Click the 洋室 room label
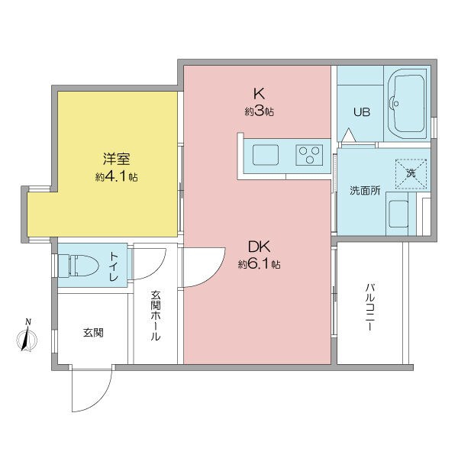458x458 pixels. (x=116, y=159)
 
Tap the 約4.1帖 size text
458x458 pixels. (x=117, y=176)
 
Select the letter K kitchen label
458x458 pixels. (x=259, y=94)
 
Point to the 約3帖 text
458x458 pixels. (x=259, y=111)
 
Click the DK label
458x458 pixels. (x=259, y=247)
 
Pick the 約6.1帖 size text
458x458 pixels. (x=260, y=264)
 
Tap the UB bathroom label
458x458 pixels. (x=362, y=112)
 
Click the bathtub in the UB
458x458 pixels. (x=407, y=105)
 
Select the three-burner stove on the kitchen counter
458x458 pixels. (x=309, y=155)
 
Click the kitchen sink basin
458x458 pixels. (x=266, y=155)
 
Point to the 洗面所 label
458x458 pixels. (x=365, y=190)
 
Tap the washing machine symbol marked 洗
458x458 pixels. (x=411, y=174)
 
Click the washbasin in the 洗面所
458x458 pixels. (x=398, y=213)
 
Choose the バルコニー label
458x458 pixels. (x=369, y=307)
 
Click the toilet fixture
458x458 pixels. (x=79, y=265)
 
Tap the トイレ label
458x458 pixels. (x=114, y=266)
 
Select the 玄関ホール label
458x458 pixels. (x=156, y=315)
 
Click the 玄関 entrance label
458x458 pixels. (x=93, y=332)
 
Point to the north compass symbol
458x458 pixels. (x=27, y=336)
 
